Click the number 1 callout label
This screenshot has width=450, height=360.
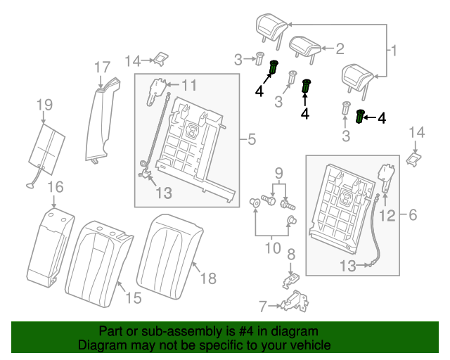coord(394,50)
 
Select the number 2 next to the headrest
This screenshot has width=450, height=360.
coord(339,49)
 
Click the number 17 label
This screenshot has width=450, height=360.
coord(102,67)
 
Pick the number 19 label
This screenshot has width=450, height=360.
coord(44,105)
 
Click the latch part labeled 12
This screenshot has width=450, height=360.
coord(385,176)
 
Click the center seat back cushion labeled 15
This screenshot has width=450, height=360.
coord(98,260)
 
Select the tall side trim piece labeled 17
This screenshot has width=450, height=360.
coord(97,123)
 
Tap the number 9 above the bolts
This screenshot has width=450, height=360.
coord(278,172)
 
